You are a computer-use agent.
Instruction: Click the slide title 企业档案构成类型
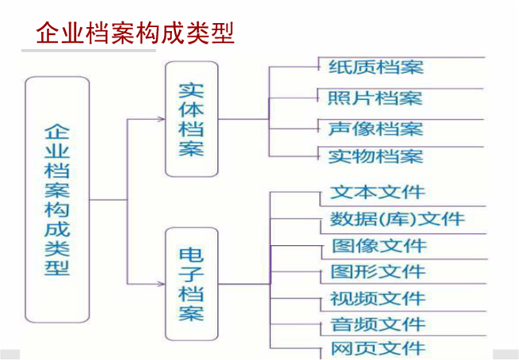tap(135, 33)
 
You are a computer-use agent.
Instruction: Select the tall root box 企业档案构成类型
tap(58, 201)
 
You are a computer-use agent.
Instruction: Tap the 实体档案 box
tap(191, 119)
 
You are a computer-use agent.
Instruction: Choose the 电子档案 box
tap(191, 283)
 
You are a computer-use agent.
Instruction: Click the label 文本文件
tap(376, 192)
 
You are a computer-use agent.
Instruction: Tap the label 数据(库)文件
tap(396, 219)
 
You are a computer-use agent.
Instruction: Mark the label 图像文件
tap(377, 246)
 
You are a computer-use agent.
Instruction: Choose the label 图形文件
tap(377, 272)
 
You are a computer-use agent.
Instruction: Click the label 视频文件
tap(377, 299)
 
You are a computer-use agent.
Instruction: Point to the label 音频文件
tap(377, 324)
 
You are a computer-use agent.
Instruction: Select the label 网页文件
tap(377, 348)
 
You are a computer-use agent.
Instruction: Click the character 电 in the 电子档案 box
tap(191, 255)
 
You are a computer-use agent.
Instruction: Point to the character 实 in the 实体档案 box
tap(191, 89)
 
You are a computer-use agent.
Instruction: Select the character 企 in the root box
tap(58, 130)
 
